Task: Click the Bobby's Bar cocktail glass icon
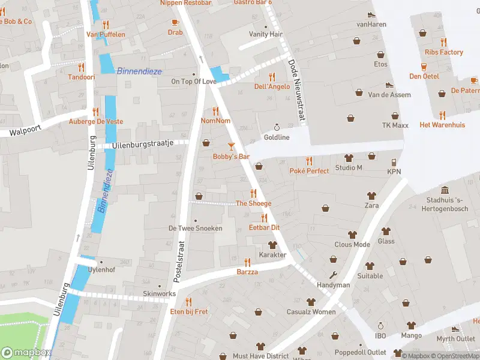click(x=232, y=146)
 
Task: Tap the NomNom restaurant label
click(x=215, y=121)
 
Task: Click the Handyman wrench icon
click(x=334, y=275)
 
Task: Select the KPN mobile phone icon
click(x=394, y=162)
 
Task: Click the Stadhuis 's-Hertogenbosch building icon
click(x=445, y=190)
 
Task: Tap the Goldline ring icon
click(x=277, y=127)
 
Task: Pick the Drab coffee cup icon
click(x=175, y=22)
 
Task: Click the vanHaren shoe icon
click(x=371, y=14)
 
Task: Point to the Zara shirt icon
click(x=372, y=195)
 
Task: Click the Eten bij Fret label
click(x=189, y=311)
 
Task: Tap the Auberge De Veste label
click(x=95, y=121)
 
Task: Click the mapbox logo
click(x=27, y=353)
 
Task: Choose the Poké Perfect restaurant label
click(x=309, y=171)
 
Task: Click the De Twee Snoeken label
click(x=195, y=228)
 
